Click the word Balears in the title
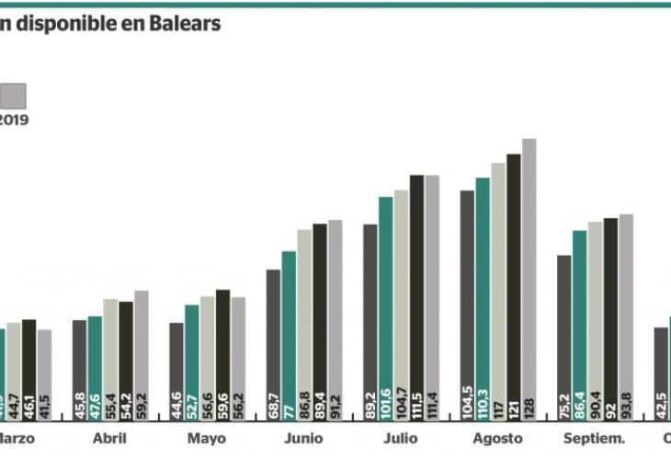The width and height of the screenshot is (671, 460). pos(188,25)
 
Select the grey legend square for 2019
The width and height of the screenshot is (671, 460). pos(13,95)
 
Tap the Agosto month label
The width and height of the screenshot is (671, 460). pos(497,439)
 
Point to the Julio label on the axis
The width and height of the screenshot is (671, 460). pos(401,439)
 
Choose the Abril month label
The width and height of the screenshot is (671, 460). pos(109,439)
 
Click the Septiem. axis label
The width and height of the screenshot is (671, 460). pos(594,439)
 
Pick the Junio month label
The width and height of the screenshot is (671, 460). pos(303,439)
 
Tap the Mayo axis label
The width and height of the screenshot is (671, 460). pos(206,439)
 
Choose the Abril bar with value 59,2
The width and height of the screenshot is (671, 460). pos(141,355)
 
